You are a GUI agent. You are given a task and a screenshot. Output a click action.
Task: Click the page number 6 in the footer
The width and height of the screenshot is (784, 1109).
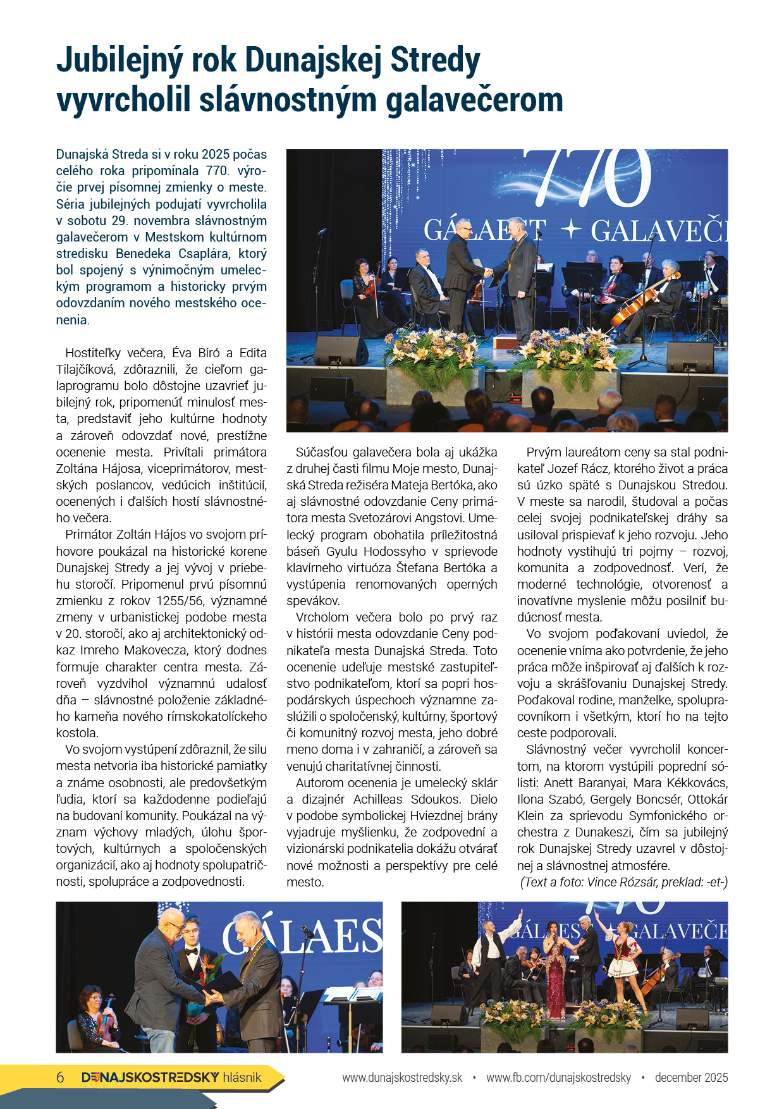coord(61,1077)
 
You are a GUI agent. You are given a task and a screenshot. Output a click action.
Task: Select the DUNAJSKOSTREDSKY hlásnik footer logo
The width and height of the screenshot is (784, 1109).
coord(171,1077)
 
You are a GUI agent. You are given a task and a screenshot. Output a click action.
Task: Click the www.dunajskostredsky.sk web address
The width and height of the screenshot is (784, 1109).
coord(402,1077)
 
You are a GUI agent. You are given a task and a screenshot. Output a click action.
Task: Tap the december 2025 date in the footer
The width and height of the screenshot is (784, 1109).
coord(691,1077)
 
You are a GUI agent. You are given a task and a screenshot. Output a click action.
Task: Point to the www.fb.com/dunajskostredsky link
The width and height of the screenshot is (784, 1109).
coord(558,1077)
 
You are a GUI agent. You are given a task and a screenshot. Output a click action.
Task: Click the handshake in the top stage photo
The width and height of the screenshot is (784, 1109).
coord(488,272)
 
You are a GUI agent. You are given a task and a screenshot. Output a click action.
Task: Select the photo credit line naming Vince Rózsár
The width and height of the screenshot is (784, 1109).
coord(623,882)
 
